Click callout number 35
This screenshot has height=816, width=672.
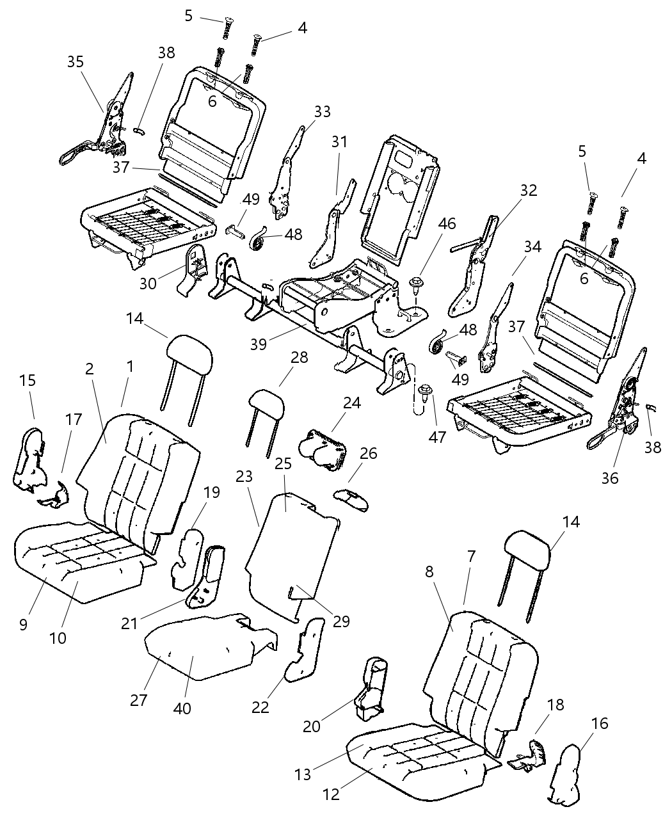click(76, 62)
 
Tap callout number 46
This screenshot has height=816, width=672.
click(447, 224)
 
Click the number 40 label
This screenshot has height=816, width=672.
click(183, 708)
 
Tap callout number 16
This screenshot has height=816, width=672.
click(600, 724)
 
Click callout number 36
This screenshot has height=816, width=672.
click(610, 477)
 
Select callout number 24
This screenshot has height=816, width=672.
click(351, 403)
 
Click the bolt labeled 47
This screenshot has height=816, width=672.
click(423, 391)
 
